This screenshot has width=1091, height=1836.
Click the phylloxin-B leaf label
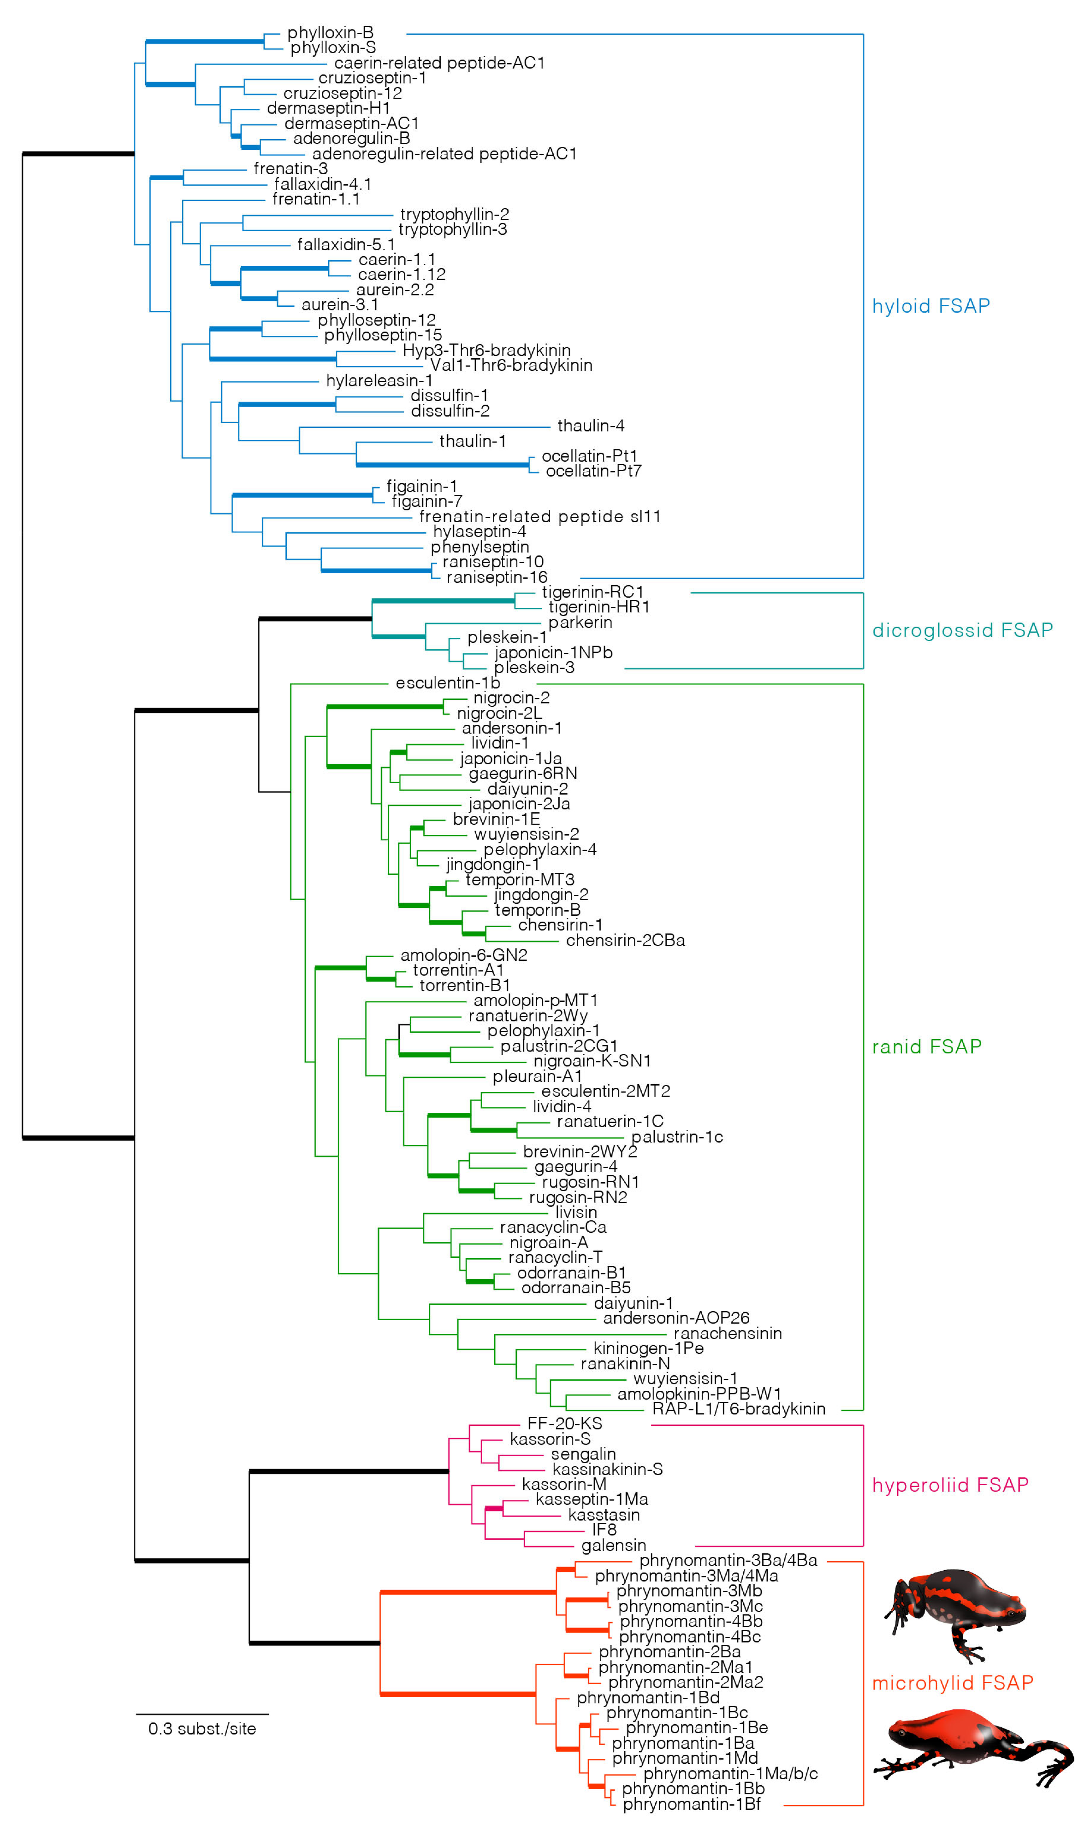point(330,32)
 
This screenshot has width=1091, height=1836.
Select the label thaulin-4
point(590,426)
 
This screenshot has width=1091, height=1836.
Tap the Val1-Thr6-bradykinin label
point(511,365)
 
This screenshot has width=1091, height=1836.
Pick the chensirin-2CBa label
point(625,940)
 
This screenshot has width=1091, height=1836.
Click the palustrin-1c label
point(676,1137)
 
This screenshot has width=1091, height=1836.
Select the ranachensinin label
point(727,1333)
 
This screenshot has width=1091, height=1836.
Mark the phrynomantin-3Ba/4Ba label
point(728,1560)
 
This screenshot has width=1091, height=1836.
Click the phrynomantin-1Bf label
point(691,1804)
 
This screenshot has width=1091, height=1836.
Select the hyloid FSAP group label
point(931,306)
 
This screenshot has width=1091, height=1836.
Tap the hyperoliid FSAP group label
point(950,1485)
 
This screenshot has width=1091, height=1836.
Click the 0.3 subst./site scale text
point(202,1729)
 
